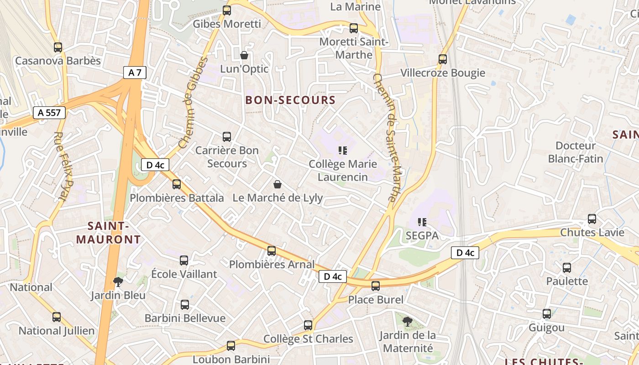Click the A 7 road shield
pos(134,73)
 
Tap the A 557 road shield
pos(49,113)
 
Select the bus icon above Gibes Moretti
pos(227,10)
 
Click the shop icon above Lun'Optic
pos(244,56)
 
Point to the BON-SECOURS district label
pos(290,100)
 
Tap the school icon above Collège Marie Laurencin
pos(343,151)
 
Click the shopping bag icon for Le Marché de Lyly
pos(277,184)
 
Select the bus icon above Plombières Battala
pos(177,184)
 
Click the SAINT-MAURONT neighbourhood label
pos(108,233)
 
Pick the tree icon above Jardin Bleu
pos(118,282)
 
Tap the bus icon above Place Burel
pos(376,286)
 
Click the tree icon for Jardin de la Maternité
pos(408,322)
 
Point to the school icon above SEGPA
pos(422,222)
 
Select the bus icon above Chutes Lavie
pos(592,219)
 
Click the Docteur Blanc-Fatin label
pos(576,152)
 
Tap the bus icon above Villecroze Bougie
pos(442,59)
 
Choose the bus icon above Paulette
pos(567,268)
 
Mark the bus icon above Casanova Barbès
pos(58,47)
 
